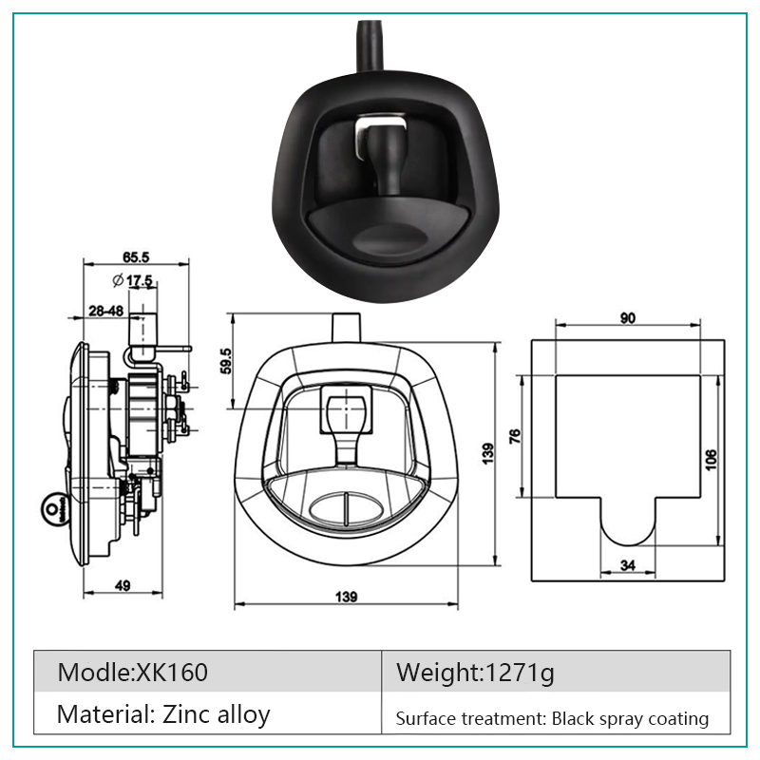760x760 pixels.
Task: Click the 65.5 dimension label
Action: point(136,256)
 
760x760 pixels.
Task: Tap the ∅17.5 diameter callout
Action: point(132,280)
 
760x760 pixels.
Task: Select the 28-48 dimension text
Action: point(105,311)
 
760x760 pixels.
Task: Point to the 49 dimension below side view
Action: point(123,585)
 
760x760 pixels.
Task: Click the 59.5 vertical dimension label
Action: point(226,361)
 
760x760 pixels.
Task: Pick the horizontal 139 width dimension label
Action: point(346,597)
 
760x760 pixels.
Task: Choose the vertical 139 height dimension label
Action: point(488,454)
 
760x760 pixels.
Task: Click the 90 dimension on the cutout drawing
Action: point(628,318)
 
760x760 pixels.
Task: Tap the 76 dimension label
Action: point(515,436)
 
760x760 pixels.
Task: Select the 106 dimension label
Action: point(711,460)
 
